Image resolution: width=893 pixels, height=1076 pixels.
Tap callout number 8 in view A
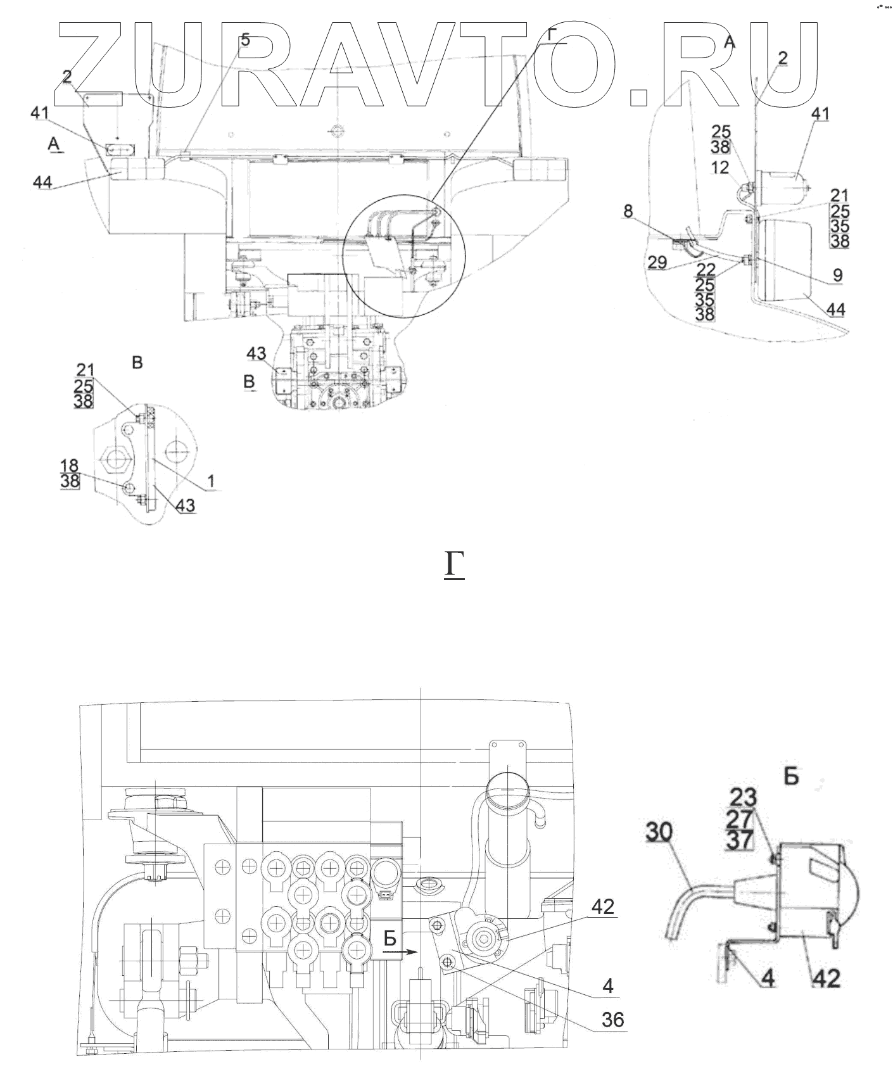click(x=628, y=211)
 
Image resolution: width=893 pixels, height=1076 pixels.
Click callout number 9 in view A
click(x=838, y=275)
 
